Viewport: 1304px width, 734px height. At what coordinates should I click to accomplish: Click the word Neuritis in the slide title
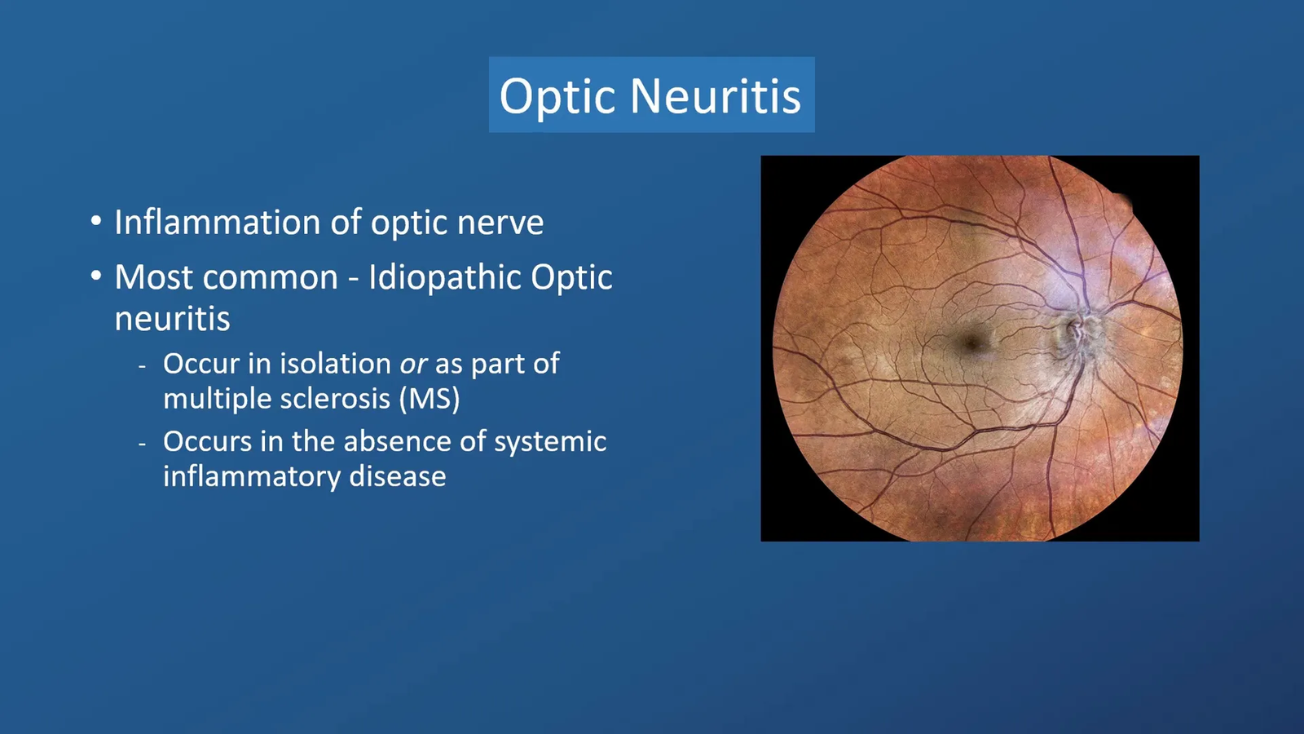716,95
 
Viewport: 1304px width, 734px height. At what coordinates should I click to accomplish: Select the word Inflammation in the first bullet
217,222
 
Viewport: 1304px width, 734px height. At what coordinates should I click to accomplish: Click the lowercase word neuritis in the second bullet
172,319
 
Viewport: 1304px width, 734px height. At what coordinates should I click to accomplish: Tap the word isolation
335,364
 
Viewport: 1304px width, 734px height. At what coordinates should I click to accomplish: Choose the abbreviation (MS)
430,400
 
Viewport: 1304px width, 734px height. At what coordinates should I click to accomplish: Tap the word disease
398,476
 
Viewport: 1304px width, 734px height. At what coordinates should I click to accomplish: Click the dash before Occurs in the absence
143,444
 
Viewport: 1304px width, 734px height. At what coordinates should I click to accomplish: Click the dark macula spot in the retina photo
971,343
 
